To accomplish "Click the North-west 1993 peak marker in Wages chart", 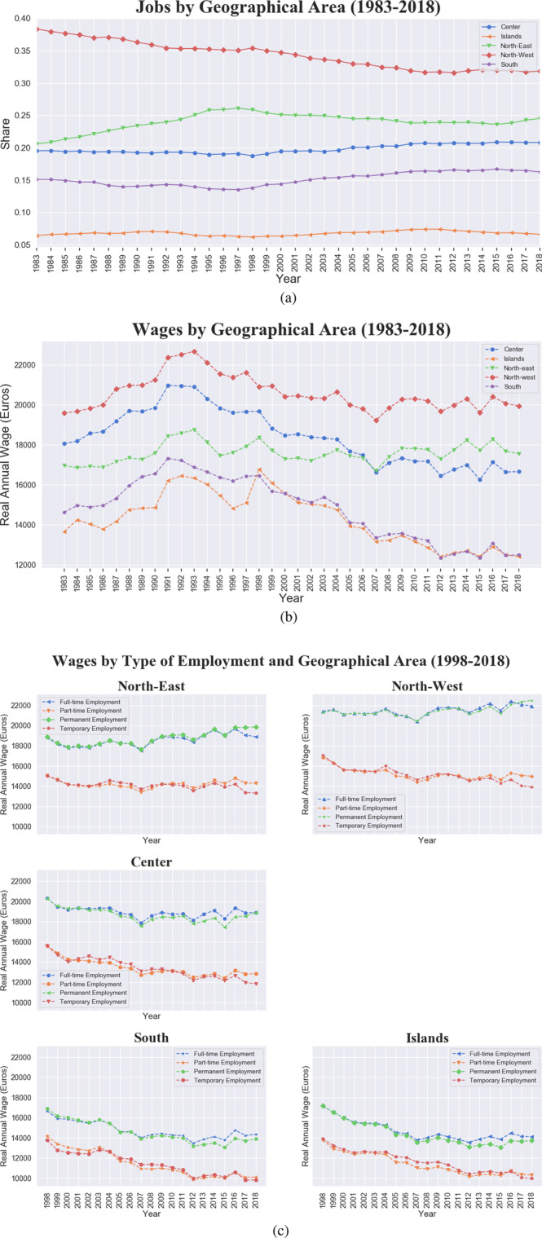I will pos(194,351).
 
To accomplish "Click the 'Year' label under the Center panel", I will pos(152,1017).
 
